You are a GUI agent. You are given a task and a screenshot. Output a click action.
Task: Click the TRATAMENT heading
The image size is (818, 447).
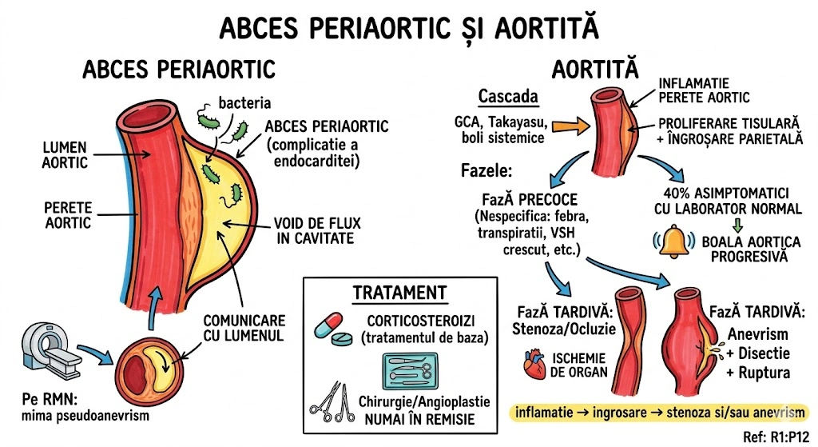coord(399,293)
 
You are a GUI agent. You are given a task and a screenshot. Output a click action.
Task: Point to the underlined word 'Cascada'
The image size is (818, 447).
coord(508,98)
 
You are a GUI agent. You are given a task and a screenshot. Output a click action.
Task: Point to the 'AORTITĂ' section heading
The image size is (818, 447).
coord(599,70)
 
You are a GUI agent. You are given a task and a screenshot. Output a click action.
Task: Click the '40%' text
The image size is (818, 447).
coord(680,193)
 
